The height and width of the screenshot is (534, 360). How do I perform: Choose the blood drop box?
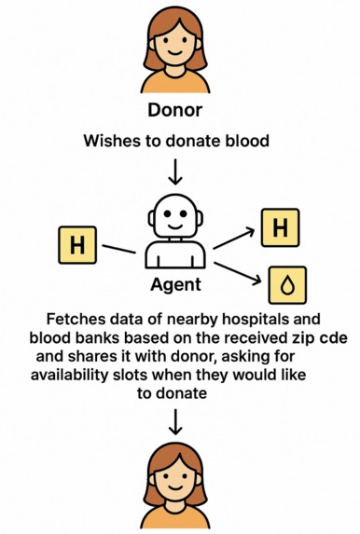[285, 285]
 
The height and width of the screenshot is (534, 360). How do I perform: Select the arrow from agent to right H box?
[232, 236]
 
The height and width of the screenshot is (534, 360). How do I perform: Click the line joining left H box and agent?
[119, 249]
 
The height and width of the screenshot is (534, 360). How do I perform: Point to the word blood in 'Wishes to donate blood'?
[250, 141]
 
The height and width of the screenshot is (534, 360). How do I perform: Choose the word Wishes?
[109, 141]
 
